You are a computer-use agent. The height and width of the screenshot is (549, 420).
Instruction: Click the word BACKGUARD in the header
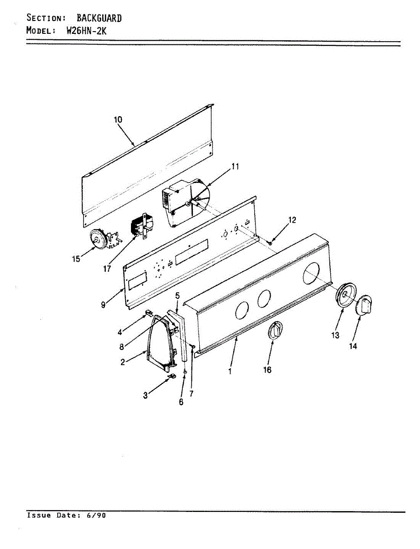pyautogui.click(x=99, y=18)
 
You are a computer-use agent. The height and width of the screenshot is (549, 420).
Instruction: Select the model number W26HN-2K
pyautogui.click(x=87, y=31)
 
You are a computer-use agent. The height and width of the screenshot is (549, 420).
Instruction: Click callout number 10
pyautogui.click(x=118, y=119)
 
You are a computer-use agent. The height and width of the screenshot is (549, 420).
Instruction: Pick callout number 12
pyautogui.click(x=292, y=220)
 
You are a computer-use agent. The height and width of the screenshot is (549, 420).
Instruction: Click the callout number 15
pyautogui.click(x=76, y=259)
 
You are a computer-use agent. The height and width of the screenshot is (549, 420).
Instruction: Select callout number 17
pyautogui.click(x=107, y=269)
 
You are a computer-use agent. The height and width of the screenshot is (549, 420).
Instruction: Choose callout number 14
pyautogui.click(x=353, y=346)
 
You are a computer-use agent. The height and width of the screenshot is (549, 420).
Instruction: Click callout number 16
pyautogui.click(x=267, y=370)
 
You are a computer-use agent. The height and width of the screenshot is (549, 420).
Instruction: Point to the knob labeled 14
pyautogui.click(x=365, y=304)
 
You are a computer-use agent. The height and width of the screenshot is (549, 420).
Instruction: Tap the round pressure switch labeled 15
pyautogui.click(x=98, y=239)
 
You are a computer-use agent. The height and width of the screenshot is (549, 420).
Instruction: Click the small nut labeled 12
pyautogui.click(x=271, y=242)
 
